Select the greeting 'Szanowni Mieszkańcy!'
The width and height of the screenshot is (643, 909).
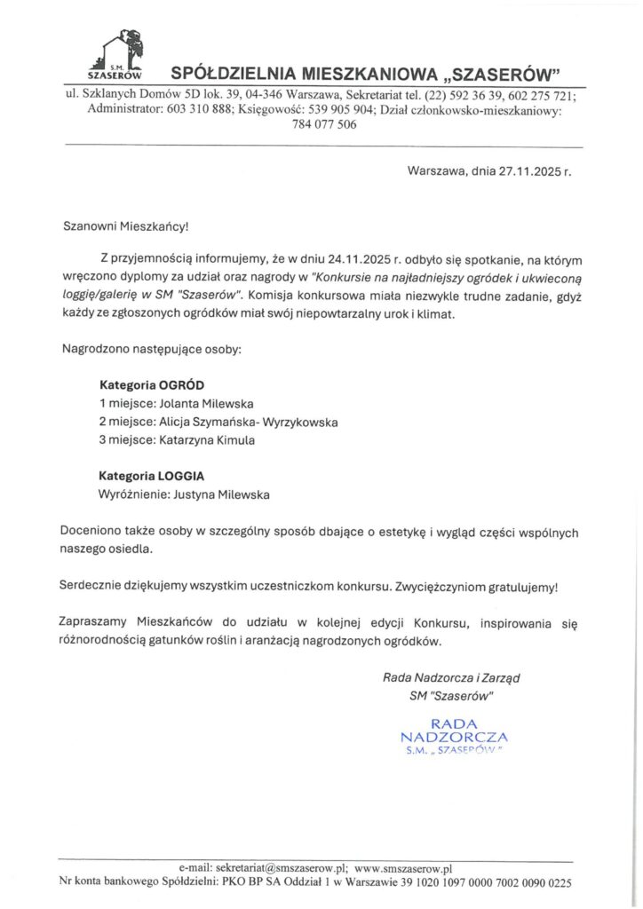coord(125,226)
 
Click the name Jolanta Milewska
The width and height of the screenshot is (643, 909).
coord(200,404)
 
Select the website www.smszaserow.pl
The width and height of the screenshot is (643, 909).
coord(403,868)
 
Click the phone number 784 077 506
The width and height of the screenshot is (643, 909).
coord(324,124)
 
